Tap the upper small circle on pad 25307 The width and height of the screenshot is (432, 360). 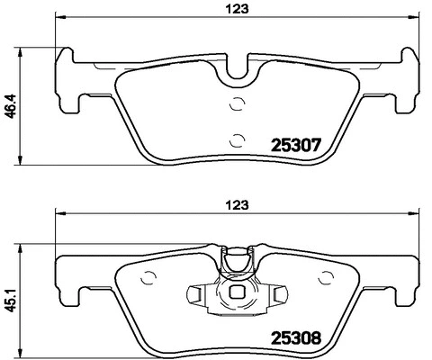(238, 104)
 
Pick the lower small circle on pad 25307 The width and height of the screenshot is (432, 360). (238, 139)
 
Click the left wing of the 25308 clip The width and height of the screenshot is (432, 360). (200, 293)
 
